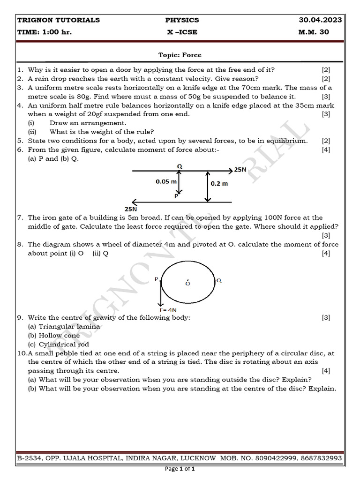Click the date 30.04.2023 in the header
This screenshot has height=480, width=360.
(x=321, y=20)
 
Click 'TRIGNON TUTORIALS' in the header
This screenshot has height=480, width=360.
(x=59, y=20)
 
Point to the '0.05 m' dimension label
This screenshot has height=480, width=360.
(x=166, y=181)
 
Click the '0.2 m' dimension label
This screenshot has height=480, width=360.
(x=219, y=184)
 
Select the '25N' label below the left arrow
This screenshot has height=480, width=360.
(x=131, y=209)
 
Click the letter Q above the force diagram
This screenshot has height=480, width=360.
(x=180, y=166)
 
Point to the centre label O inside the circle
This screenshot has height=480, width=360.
(x=187, y=284)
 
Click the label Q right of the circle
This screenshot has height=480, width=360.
(x=219, y=280)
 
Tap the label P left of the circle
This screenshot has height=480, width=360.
(x=157, y=279)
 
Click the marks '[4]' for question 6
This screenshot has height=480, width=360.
(x=326, y=150)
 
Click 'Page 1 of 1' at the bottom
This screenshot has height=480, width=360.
(x=180, y=469)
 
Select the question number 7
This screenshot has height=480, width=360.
(x=20, y=217)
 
